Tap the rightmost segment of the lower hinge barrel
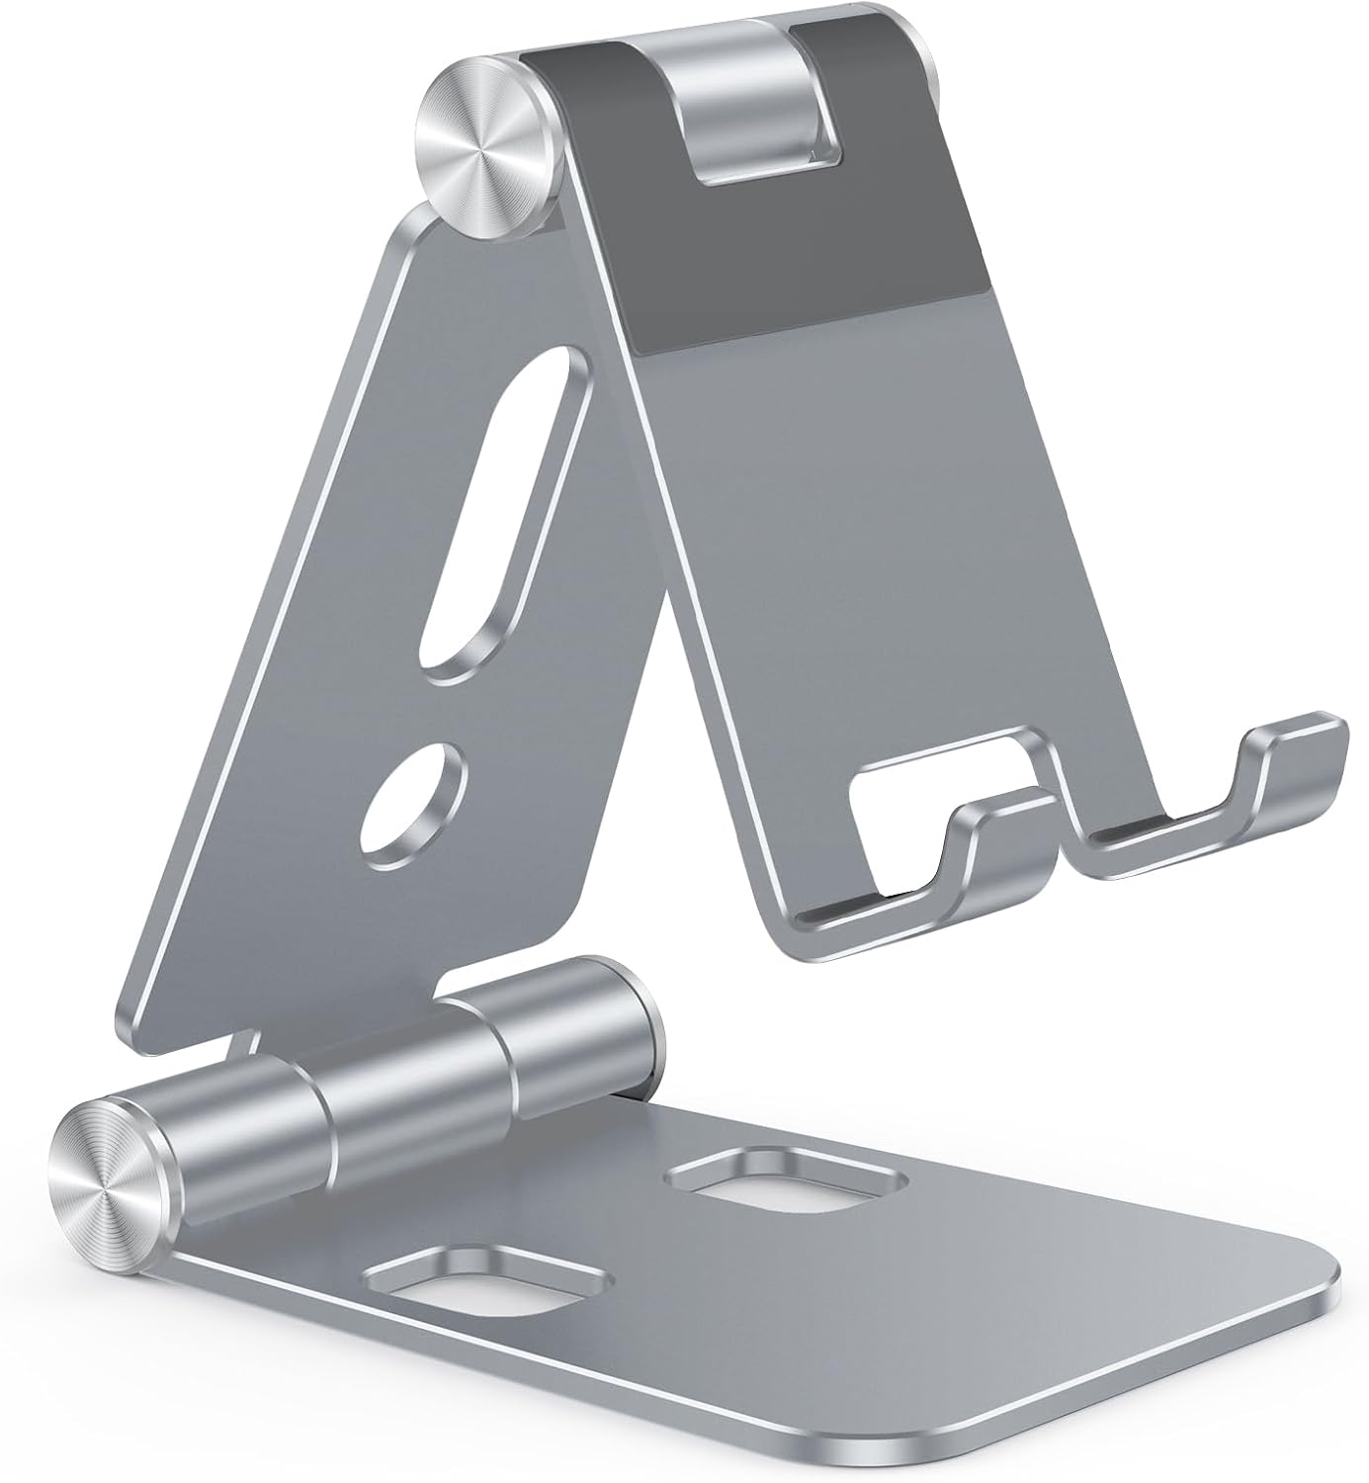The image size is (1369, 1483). [x=573, y=1028]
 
